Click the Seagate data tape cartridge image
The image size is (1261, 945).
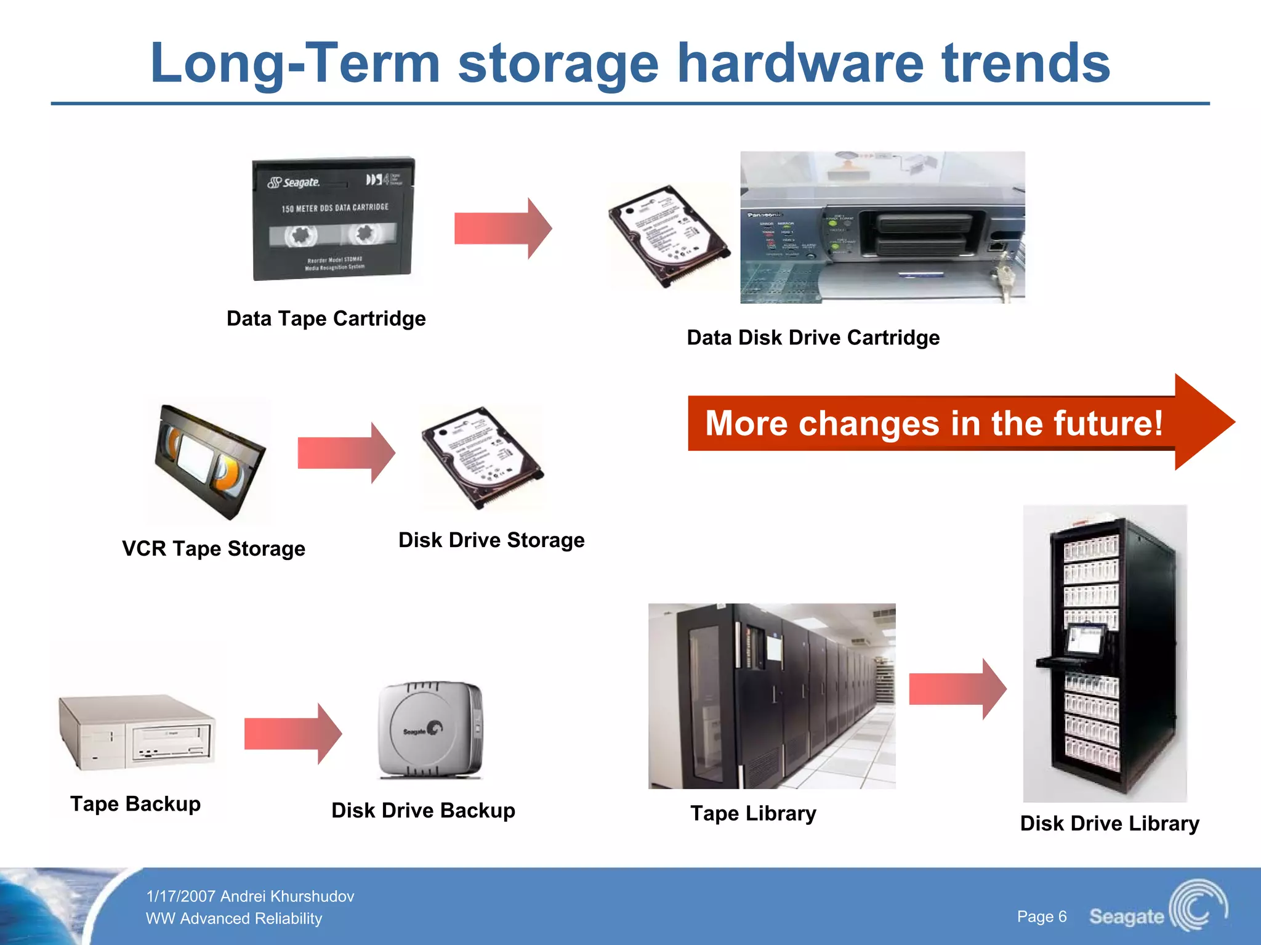(x=333, y=219)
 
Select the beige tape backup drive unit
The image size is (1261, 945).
(x=137, y=733)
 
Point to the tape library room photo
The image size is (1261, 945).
(x=772, y=696)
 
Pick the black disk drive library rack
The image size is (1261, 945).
(x=1105, y=653)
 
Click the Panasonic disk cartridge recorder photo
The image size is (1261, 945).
(x=882, y=227)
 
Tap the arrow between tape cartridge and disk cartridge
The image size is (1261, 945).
(x=502, y=229)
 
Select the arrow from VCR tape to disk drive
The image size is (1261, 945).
(x=346, y=453)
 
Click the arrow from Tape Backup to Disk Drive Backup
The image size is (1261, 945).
(x=292, y=734)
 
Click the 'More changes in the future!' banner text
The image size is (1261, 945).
(x=933, y=423)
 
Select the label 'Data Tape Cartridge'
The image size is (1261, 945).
(x=326, y=318)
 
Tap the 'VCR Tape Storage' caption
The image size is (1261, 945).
(x=214, y=548)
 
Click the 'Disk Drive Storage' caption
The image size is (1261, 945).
(x=491, y=540)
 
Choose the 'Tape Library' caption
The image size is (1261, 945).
(x=753, y=813)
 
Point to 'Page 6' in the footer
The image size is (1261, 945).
(x=1042, y=917)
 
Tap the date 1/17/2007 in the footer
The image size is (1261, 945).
(x=180, y=896)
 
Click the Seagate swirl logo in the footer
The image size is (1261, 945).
(x=1198, y=906)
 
